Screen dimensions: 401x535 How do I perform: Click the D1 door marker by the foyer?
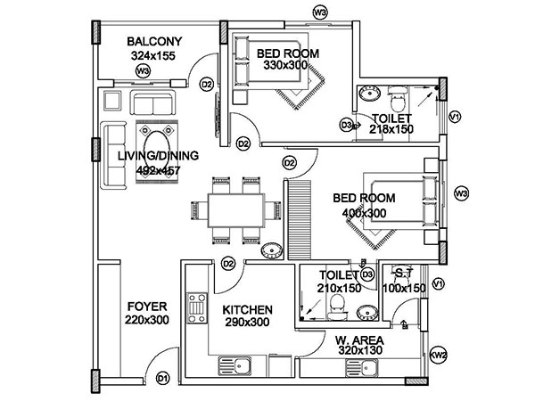(x=163, y=379)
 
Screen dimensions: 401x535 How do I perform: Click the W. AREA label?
(x=359, y=340)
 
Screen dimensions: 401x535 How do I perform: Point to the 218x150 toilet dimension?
(x=391, y=128)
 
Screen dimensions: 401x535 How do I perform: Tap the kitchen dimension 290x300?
(x=248, y=322)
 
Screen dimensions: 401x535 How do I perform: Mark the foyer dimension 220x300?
(x=145, y=320)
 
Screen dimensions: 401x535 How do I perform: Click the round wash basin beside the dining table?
(x=272, y=249)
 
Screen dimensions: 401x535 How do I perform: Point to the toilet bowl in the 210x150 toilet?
(x=337, y=307)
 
